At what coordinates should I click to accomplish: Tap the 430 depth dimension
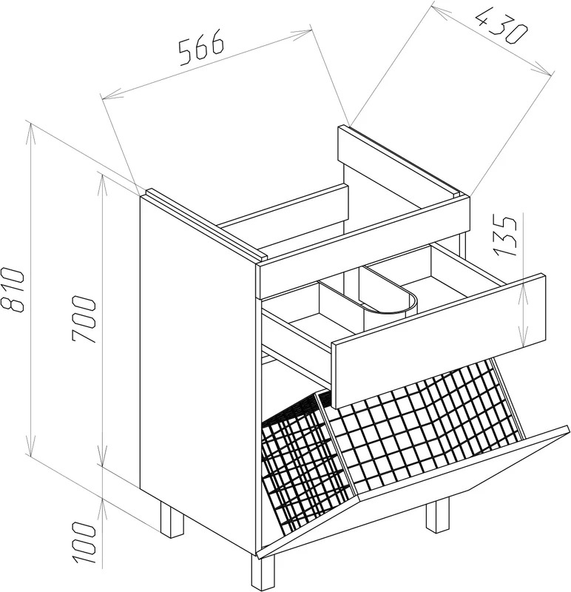[x=501, y=27]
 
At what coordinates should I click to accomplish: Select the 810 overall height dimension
[x=13, y=291]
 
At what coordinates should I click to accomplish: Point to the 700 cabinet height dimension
[x=83, y=320]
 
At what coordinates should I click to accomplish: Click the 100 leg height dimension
[x=83, y=543]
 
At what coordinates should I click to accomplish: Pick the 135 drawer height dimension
[x=505, y=236]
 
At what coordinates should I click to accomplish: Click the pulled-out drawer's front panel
[x=438, y=340]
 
